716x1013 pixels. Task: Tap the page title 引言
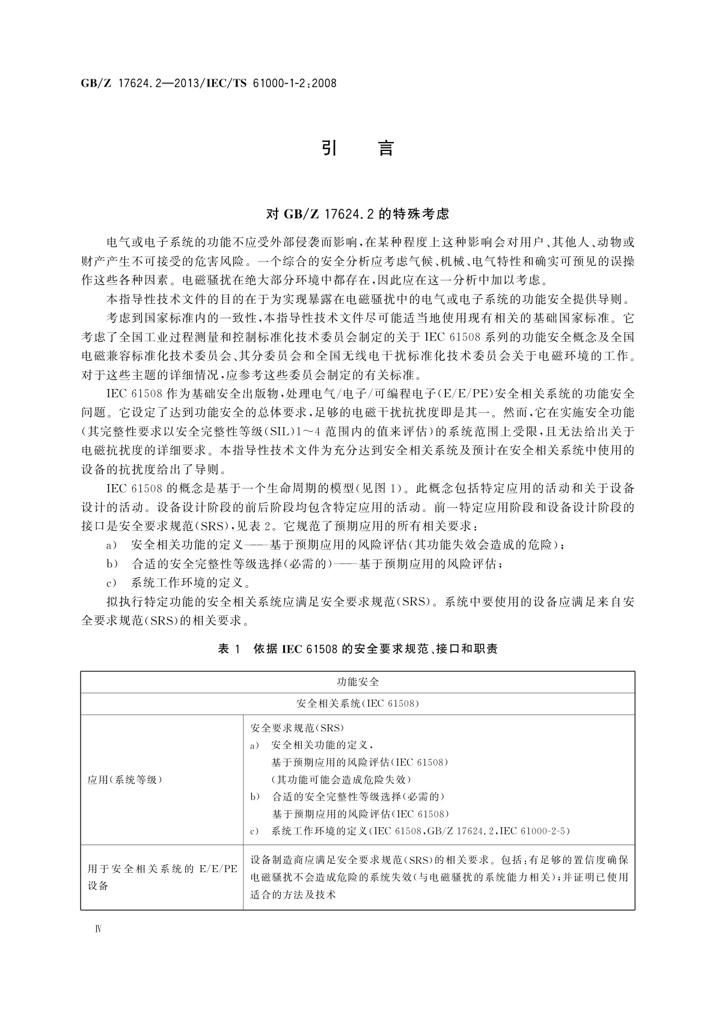pyautogui.click(x=358, y=148)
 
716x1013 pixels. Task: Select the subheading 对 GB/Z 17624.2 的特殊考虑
pyautogui.click(x=358, y=214)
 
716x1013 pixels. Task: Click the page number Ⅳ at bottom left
pyautogui.click(x=99, y=928)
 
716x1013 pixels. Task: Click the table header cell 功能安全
pyautogui.click(x=358, y=682)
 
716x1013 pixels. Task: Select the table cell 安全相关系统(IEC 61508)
pyautogui.click(x=358, y=703)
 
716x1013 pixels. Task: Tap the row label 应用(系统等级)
pyautogui.click(x=125, y=780)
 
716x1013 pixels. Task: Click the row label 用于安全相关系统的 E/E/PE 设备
pyautogui.click(x=162, y=877)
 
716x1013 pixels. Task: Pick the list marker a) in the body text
pyautogui.click(x=111, y=545)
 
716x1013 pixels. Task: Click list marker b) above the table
pyautogui.click(x=111, y=564)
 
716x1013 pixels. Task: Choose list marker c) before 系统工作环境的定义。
pyautogui.click(x=111, y=582)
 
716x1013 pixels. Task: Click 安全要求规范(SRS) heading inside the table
pyautogui.click(x=297, y=728)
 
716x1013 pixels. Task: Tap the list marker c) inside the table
pyautogui.click(x=254, y=831)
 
